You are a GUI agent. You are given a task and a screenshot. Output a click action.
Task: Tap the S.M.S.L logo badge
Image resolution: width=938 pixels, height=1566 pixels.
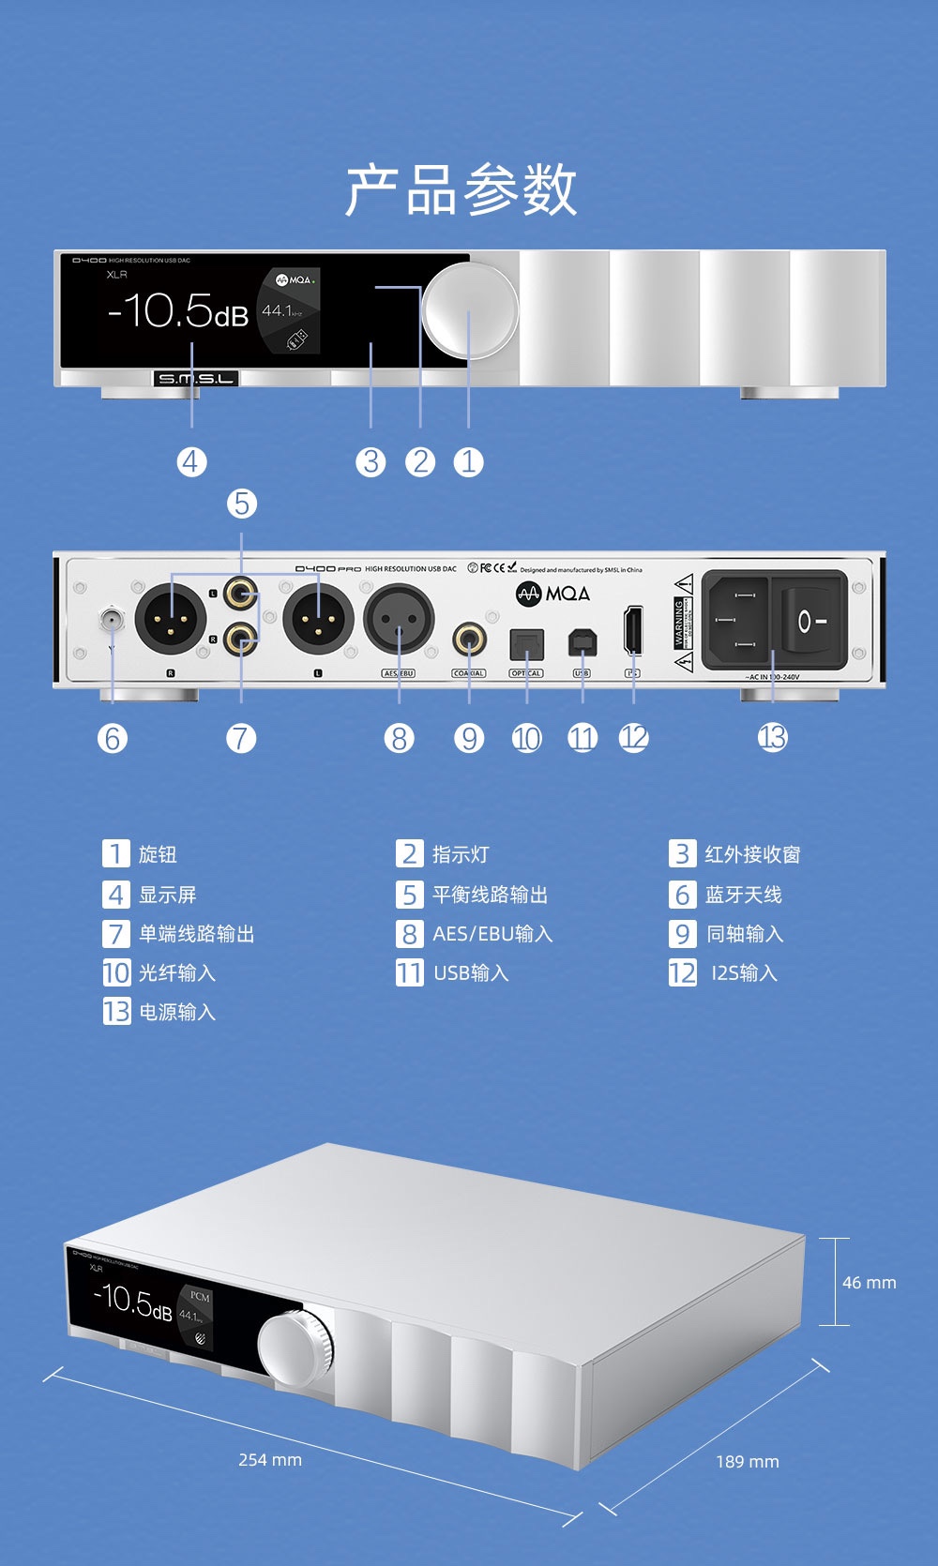(196, 378)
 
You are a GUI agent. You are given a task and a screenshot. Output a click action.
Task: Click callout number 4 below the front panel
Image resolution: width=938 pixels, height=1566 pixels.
(191, 461)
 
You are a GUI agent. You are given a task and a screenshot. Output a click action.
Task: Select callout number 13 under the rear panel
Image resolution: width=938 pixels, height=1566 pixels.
(772, 738)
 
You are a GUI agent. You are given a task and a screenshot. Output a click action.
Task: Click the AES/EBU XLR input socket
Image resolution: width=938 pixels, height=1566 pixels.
(399, 620)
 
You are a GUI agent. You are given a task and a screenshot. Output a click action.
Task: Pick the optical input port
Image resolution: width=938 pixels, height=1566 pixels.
(526, 644)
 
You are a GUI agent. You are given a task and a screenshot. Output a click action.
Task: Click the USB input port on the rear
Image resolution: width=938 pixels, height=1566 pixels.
(582, 642)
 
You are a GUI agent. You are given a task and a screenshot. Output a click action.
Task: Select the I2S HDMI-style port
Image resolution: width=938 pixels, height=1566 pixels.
(633, 630)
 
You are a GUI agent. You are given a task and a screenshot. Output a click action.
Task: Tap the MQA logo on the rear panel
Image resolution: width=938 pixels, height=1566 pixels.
(553, 594)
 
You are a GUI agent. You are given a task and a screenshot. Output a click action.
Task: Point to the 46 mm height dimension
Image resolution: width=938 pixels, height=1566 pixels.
(869, 1282)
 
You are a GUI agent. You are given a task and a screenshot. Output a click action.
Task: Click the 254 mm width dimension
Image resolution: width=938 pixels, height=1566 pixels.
(270, 1459)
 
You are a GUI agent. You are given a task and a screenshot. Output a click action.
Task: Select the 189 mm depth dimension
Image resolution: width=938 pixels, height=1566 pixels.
(747, 1461)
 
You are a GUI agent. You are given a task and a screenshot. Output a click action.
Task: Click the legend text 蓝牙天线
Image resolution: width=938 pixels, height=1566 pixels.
(743, 895)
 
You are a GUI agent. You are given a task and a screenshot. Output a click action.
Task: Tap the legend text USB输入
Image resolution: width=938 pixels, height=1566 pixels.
(471, 973)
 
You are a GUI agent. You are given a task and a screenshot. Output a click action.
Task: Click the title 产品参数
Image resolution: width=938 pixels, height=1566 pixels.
(461, 189)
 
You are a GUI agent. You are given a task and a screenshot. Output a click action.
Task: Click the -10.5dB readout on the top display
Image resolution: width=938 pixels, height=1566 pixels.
(178, 310)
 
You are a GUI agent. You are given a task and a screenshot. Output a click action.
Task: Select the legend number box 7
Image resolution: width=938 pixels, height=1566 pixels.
(116, 934)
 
